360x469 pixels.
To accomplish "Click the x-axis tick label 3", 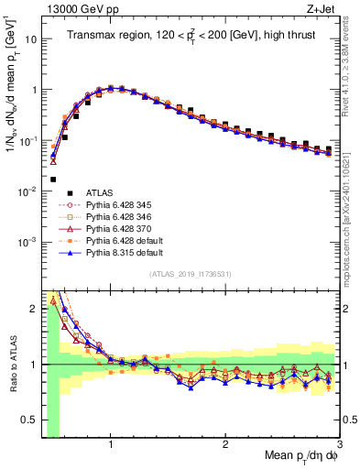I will pos(340,444).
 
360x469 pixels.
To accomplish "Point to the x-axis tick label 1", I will pos(111,444).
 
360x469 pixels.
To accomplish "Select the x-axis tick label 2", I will pos(225,444).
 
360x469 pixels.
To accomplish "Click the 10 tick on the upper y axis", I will pos(30,40).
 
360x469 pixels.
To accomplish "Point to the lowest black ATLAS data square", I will pos(53,180).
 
